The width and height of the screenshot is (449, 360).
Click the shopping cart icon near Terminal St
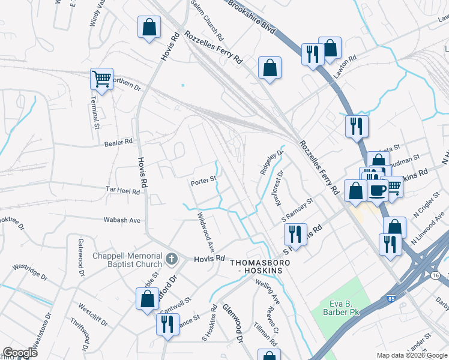(101, 79)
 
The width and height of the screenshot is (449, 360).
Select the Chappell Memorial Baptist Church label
(127, 260)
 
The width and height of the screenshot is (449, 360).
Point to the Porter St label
(203, 182)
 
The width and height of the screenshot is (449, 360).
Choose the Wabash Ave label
(122, 220)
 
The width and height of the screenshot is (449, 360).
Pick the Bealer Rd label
(118, 142)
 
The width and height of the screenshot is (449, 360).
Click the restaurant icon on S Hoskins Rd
(295, 232)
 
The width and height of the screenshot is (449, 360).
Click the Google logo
(20, 353)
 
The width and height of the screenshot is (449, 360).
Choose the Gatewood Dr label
(80, 258)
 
